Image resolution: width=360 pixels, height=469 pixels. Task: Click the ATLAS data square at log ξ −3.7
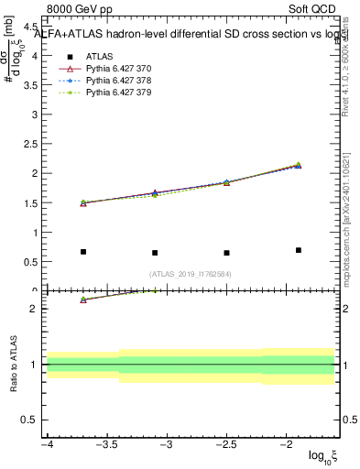click(83, 252)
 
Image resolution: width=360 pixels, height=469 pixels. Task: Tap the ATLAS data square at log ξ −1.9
click(299, 250)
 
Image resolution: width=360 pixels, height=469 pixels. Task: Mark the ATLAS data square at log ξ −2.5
click(226, 253)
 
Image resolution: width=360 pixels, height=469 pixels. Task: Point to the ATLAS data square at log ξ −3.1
click(155, 253)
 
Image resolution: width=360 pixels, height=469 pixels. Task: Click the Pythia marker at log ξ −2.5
click(226, 182)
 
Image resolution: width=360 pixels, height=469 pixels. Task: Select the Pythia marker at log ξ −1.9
click(299, 165)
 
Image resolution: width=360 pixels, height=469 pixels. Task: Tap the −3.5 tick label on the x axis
click(106, 444)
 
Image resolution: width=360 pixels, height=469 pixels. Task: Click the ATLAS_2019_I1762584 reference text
click(191, 274)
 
